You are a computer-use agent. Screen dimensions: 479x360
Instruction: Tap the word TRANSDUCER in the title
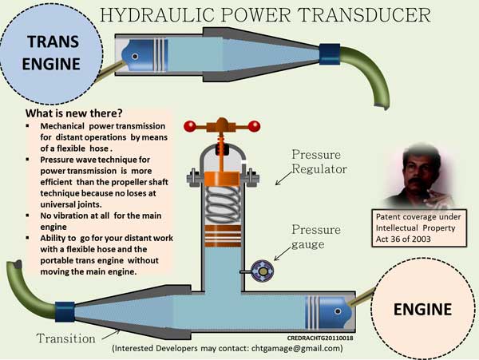[364, 14]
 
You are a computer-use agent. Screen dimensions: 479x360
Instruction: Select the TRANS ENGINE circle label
[51, 53]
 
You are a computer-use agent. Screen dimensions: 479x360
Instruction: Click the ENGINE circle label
[422, 310]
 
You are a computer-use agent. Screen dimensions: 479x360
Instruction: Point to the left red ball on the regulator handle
[190, 126]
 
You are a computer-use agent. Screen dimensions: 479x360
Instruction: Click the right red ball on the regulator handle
[254, 126]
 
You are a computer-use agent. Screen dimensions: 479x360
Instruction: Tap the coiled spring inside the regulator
[223, 204]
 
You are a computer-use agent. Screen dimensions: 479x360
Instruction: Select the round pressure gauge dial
[263, 271]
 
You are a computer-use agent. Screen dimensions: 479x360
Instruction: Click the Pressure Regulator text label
[319, 161]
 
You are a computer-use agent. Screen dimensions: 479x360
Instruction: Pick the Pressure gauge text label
[316, 236]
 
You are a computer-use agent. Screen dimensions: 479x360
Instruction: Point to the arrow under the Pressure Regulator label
[283, 178]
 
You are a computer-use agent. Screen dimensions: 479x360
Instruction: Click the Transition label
[65, 338]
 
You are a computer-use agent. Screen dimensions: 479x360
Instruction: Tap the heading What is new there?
[74, 113]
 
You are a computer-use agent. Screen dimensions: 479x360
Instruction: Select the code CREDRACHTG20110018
[320, 338]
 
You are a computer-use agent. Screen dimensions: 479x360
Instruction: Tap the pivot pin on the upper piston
[135, 57]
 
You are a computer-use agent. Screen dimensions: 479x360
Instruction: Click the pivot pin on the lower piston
[338, 311]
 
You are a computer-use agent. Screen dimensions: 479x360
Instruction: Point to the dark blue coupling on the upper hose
[330, 54]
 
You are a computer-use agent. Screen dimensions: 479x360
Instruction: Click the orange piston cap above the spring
[222, 179]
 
